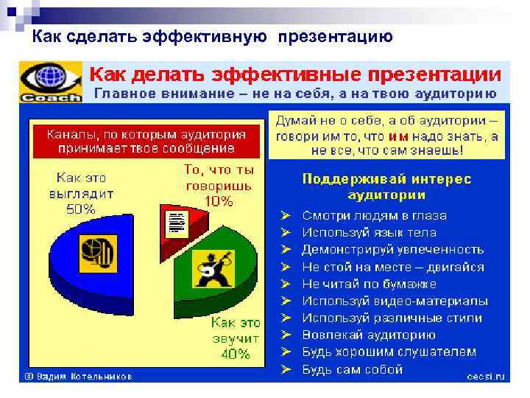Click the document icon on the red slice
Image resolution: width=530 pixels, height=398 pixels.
coord(176,222)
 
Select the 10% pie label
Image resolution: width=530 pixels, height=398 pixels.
coord(219,200)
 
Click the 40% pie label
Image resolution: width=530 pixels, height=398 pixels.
coord(235,354)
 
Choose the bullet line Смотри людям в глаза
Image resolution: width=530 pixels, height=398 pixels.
coord(374,215)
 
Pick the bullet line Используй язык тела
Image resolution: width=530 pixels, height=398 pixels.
coord(369,232)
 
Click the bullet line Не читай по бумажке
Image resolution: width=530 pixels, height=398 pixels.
coord(369,284)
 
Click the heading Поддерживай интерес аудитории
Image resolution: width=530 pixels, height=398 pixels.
coord(386,187)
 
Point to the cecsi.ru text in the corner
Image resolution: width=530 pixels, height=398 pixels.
coord(485,376)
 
